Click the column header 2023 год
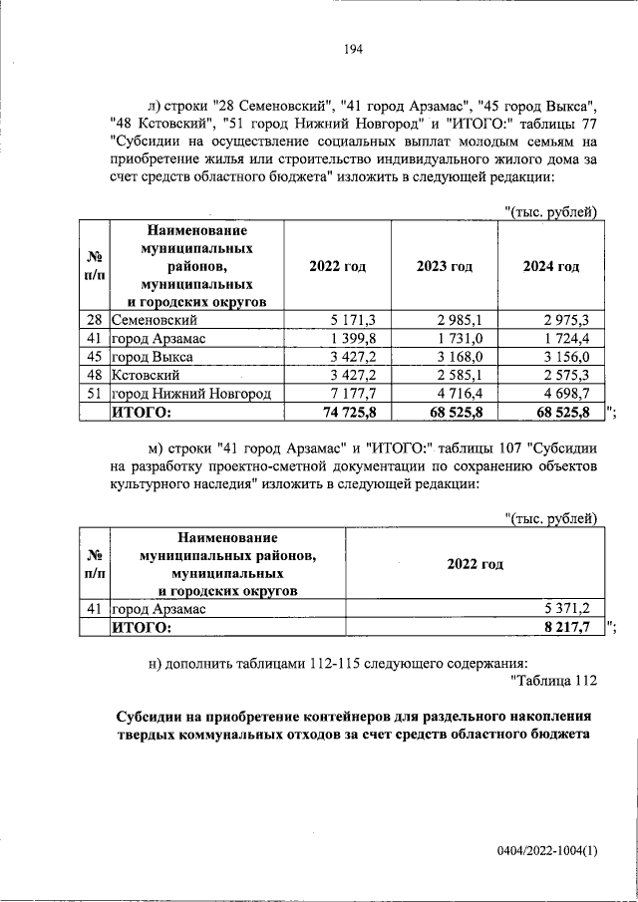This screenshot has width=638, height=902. click(445, 267)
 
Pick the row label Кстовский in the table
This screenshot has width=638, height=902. click(146, 375)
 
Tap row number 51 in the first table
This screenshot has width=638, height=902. click(94, 394)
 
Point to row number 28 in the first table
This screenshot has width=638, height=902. click(94, 320)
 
